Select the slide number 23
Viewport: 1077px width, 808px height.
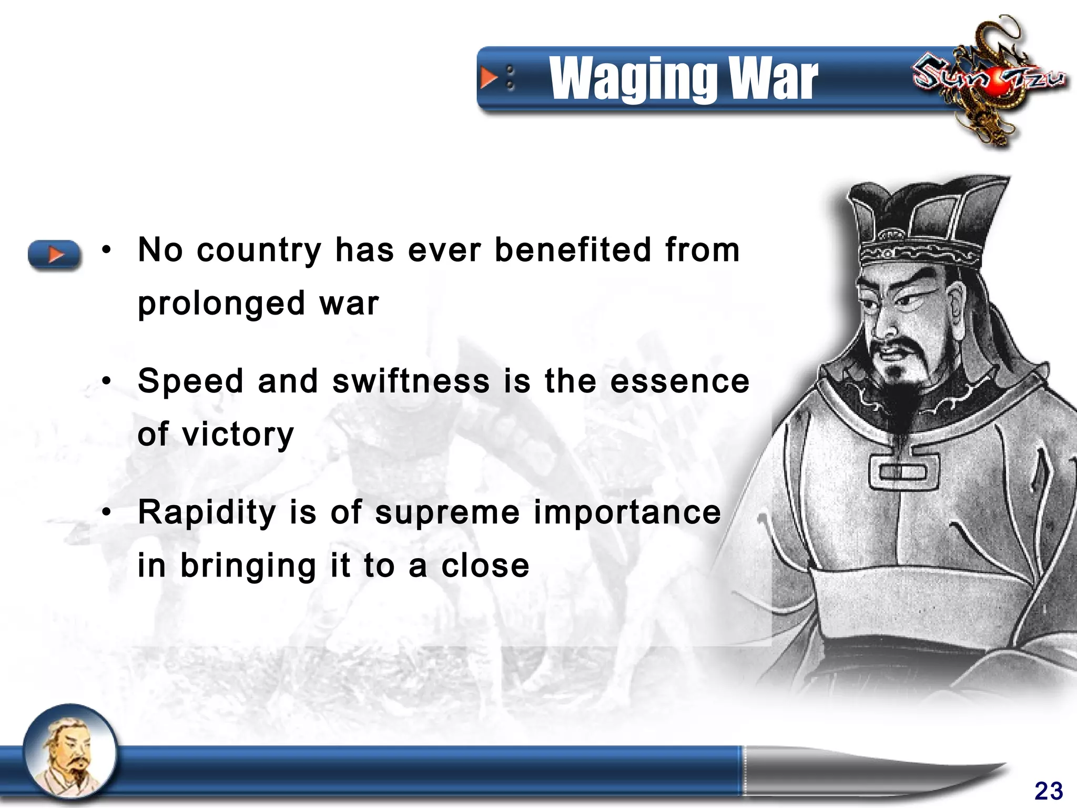pyautogui.click(x=1048, y=791)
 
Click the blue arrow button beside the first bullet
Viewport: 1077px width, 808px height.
pyautogui.click(x=55, y=255)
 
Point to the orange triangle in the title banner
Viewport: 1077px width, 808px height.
pyautogui.click(x=489, y=78)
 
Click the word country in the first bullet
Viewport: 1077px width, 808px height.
pyautogui.click(x=259, y=250)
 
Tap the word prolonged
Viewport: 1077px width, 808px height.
pyautogui.click(x=221, y=304)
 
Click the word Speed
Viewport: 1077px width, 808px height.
pyautogui.click(x=191, y=381)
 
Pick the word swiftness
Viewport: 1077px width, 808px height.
pyautogui.click(x=411, y=381)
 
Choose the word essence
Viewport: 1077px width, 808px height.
pyautogui.click(x=679, y=381)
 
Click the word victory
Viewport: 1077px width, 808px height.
pyautogui.click(x=238, y=435)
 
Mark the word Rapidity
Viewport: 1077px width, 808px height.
pyautogui.click(x=207, y=513)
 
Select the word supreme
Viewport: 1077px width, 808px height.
pyautogui.click(x=447, y=513)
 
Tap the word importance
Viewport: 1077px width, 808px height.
pyautogui.click(x=627, y=513)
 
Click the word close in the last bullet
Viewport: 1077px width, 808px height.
pyautogui.click(x=485, y=566)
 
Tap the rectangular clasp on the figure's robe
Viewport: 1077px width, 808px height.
pyautogui.click(x=903, y=471)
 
